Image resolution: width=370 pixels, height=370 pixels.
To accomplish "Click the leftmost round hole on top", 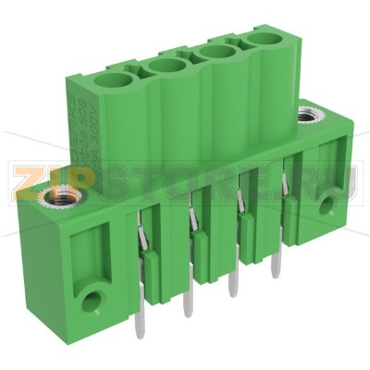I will pos(118,85).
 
